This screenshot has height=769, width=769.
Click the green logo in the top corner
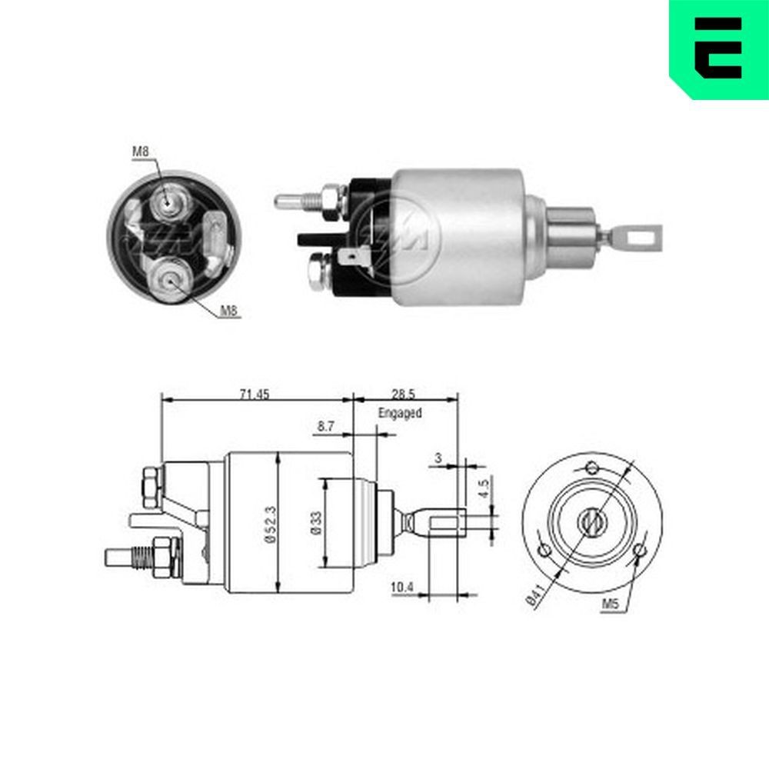(718, 48)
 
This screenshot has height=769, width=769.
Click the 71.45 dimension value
(255, 394)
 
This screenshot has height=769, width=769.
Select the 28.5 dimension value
(402, 394)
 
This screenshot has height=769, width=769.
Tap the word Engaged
(400, 413)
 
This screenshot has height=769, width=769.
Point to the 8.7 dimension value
(326, 425)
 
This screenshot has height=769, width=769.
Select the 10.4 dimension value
(402, 588)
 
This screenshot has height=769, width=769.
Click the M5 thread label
(610, 605)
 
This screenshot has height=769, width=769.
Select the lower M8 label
(228, 311)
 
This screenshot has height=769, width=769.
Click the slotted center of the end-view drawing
(591, 523)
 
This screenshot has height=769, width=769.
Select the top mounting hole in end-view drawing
(591, 467)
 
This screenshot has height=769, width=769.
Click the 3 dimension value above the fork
(438, 458)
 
